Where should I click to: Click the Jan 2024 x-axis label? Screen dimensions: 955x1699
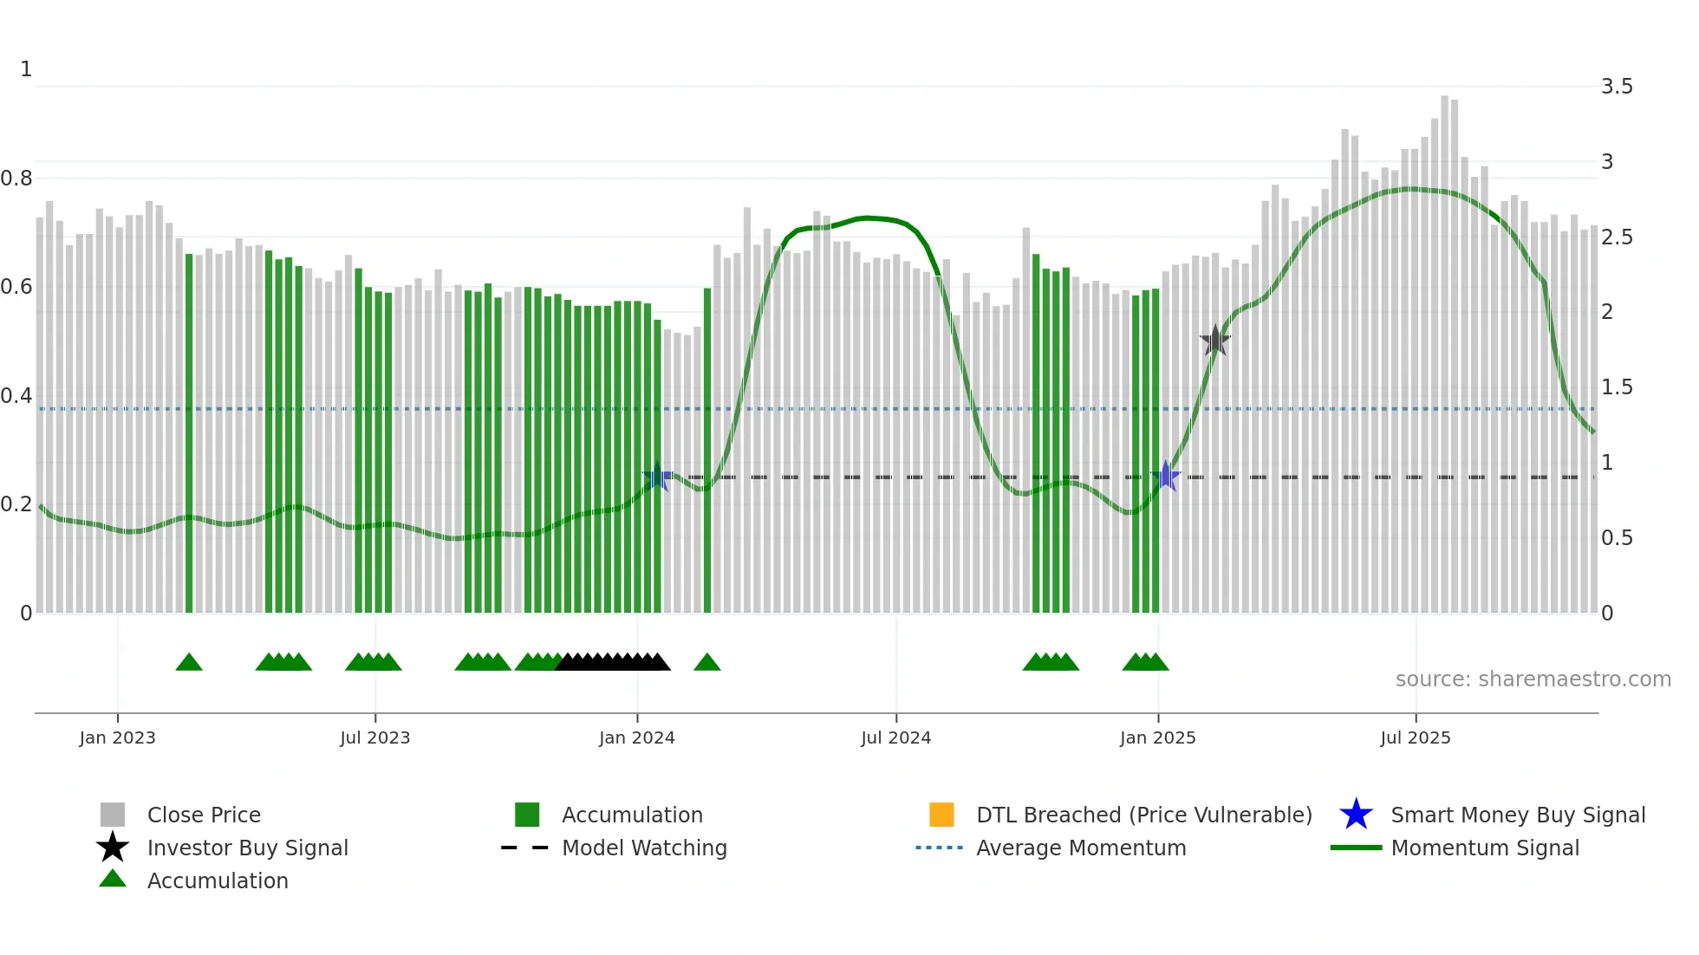pyautogui.click(x=636, y=737)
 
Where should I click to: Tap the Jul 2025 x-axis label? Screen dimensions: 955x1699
pyautogui.click(x=1415, y=737)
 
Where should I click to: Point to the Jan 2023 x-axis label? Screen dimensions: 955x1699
pyautogui.click(x=117, y=737)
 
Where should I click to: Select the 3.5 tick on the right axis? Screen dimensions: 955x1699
pyautogui.click(x=1617, y=86)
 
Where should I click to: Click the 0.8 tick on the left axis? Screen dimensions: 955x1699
pyautogui.click(x=16, y=178)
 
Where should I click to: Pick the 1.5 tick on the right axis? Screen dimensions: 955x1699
pyautogui.click(x=1617, y=387)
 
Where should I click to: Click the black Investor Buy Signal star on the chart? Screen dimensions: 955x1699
pyautogui.click(x=1215, y=341)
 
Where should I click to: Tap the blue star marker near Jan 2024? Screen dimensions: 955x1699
pyautogui.click(x=657, y=476)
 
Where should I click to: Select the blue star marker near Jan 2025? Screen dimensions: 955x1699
pyautogui.click(x=1166, y=476)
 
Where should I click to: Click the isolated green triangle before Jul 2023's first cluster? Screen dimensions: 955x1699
pyautogui.click(x=189, y=662)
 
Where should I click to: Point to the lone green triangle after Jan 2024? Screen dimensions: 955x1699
pyautogui.click(x=707, y=662)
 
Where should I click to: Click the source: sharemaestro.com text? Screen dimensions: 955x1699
pyautogui.click(x=1533, y=679)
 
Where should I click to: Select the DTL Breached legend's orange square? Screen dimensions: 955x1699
pyautogui.click(x=941, y=815)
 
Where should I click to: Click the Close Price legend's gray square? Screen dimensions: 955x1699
pyautogui.click(x=113, y=815)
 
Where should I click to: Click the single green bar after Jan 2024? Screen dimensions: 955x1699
pyautogui.click(x=707, y=451)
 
